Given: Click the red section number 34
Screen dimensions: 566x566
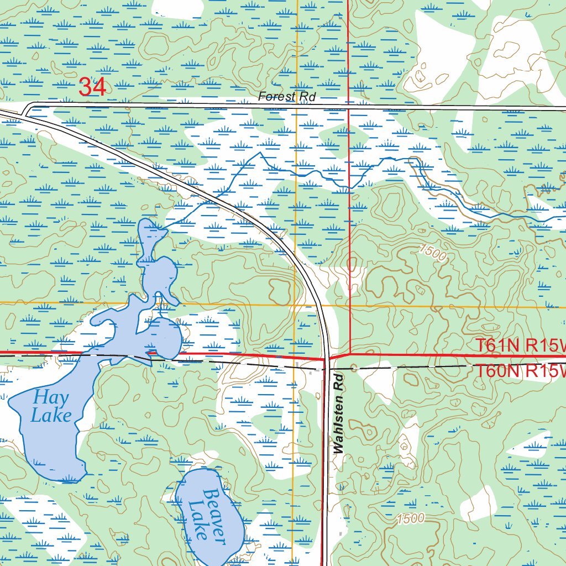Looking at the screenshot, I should click(92, 87).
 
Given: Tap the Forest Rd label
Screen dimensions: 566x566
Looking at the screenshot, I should click(287, 97).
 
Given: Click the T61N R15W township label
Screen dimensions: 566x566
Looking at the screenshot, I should click(520, 345).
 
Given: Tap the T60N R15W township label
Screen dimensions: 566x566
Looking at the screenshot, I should click(520, 371).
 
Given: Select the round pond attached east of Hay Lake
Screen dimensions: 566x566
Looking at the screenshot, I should click(166, 337).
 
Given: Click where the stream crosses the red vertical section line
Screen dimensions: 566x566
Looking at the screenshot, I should click(350, 187).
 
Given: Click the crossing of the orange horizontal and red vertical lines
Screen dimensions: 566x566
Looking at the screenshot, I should click(350, 306).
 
